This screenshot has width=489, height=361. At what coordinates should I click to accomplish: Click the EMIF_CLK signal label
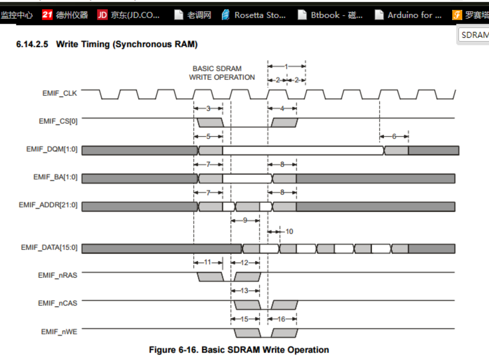[x=59, y=93]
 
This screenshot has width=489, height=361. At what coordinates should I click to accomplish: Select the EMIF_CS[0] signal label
[x=58, y=120]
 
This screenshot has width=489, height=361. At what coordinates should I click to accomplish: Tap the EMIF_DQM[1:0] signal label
[x=52, y=149]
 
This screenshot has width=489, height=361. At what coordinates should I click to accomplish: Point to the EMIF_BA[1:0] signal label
[x=55, y=177]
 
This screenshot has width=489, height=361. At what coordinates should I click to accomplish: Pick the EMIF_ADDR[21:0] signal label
[x=48, y=205]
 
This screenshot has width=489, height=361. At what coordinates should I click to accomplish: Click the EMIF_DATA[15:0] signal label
[x=49, y=247]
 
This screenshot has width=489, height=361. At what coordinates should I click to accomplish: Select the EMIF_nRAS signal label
[x=58, y=275]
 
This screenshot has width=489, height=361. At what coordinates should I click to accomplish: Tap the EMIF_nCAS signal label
[x=58, y=303]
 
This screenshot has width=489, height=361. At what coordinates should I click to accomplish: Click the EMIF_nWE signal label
[x=59, y=331]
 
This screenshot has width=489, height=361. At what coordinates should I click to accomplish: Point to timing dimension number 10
[x=289, y=231]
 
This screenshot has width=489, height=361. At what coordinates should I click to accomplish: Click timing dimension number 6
[x=394, y=136]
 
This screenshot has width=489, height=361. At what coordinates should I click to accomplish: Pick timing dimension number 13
[x=245, y=291]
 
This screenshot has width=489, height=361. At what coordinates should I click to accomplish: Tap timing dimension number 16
[x=281, y=319]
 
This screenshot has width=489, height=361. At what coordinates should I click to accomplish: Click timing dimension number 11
[x=208, y=262]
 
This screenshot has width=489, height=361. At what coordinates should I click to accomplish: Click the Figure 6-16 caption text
[x=239, y=350]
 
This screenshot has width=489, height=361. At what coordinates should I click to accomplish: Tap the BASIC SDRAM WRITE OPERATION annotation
[x=222, y=73]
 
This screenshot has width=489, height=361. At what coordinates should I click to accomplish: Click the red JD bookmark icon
[x=102, y=15]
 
